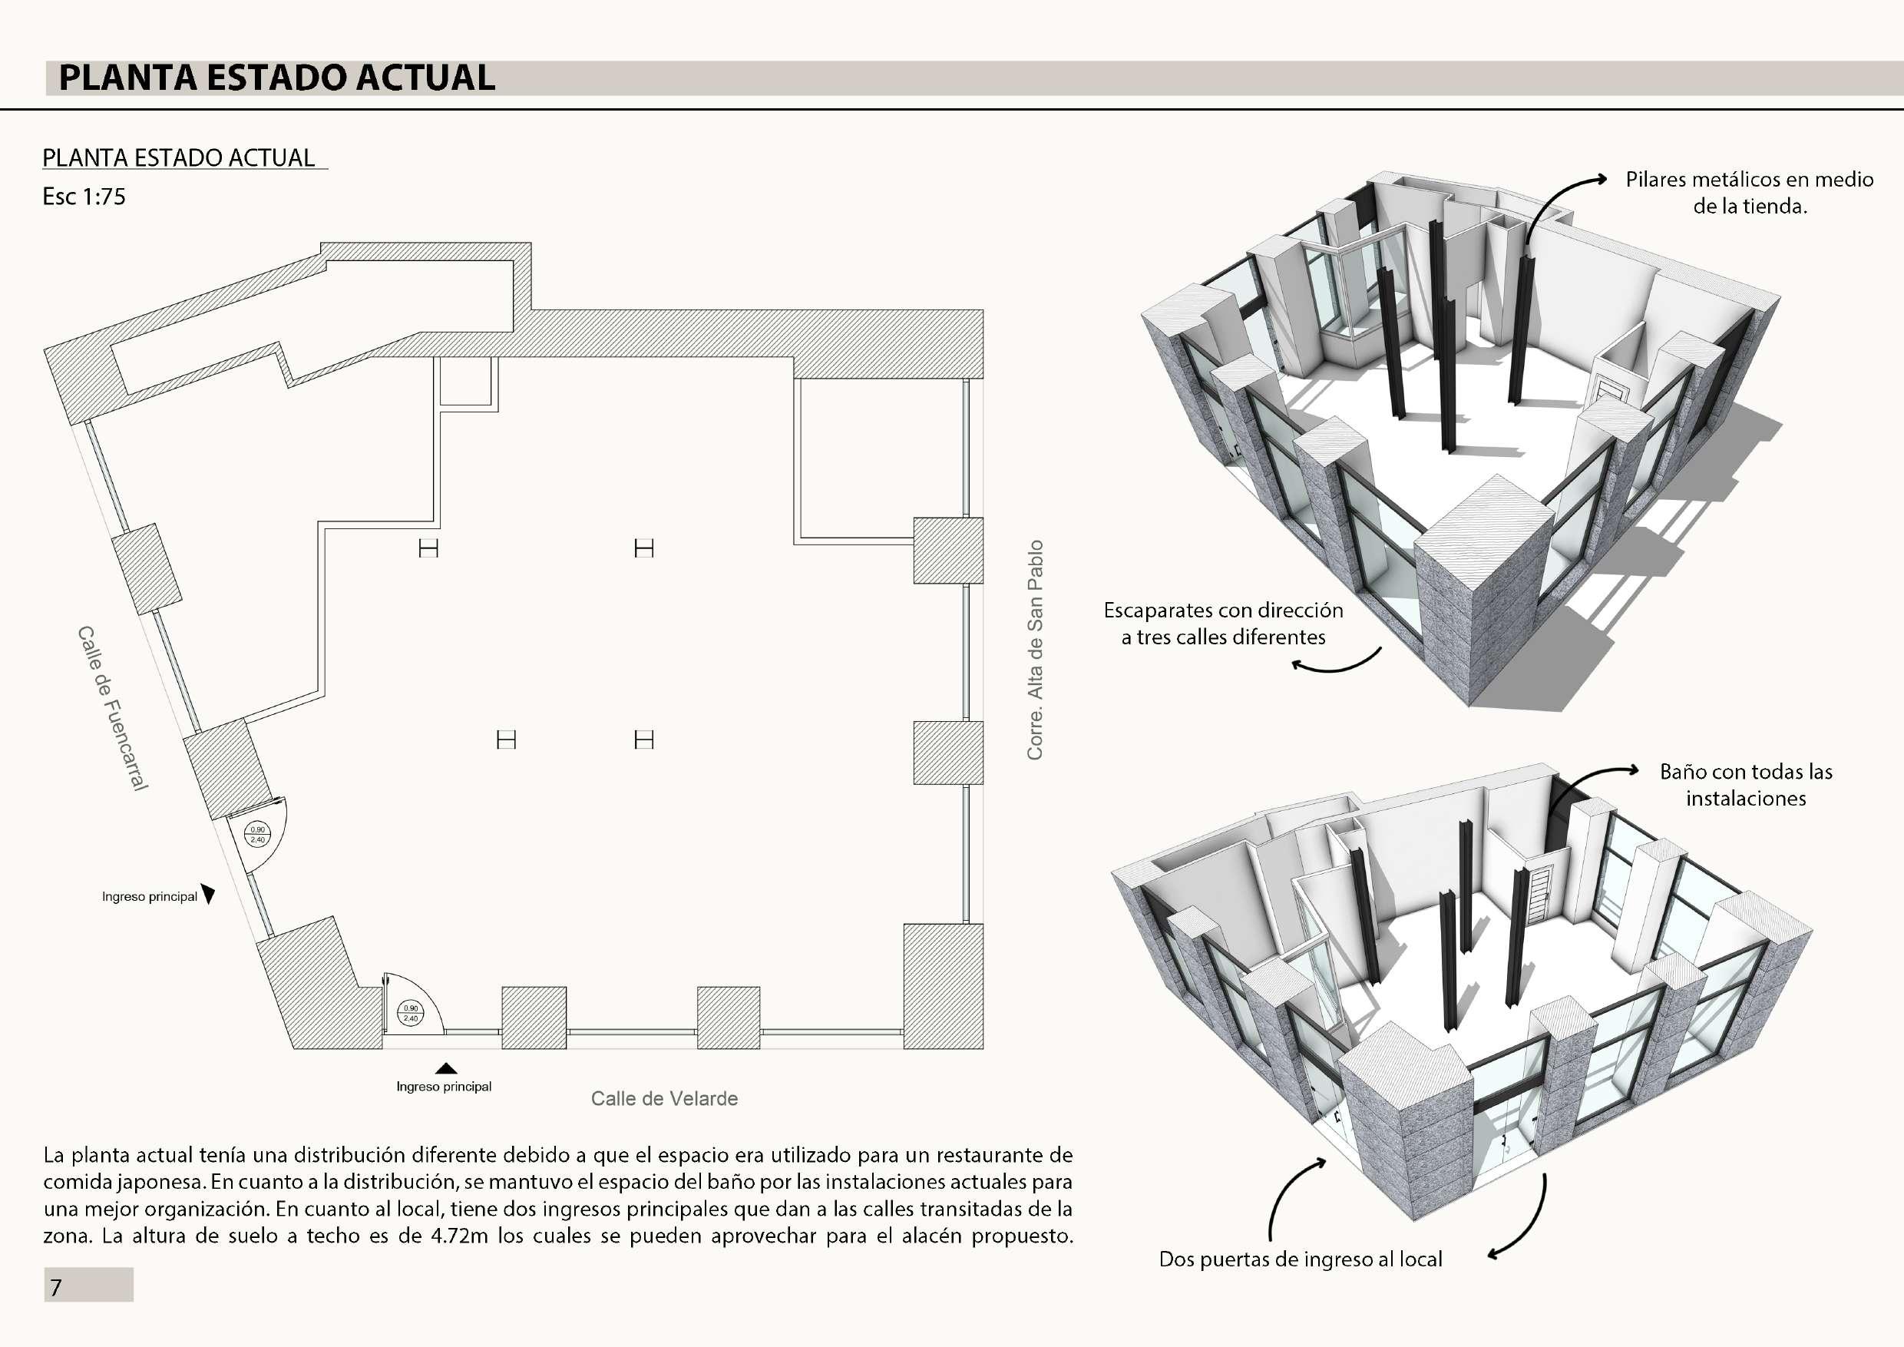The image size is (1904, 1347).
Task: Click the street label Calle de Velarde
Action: [664, 1098]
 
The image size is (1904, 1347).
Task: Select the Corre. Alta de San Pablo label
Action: [1035, 650]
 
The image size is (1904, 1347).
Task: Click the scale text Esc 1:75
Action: [84, 197]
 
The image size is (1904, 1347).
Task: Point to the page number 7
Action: [56, 1287]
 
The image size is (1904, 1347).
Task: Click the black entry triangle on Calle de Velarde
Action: [446, 1068]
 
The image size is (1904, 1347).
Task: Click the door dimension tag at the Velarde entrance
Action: [411, 1013]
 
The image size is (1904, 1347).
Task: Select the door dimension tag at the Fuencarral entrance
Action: [258, 835]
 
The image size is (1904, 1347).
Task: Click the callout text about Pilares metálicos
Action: [1749, 193]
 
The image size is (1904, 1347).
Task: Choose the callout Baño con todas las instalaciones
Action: [1746, 785]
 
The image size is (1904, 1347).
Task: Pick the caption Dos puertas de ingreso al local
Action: [1301, 1259]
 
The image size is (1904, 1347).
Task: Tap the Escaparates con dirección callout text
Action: [1223, 624]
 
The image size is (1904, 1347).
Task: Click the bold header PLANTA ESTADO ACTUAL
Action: [277, 78]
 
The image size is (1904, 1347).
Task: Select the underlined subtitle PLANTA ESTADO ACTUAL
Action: [178, 157]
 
